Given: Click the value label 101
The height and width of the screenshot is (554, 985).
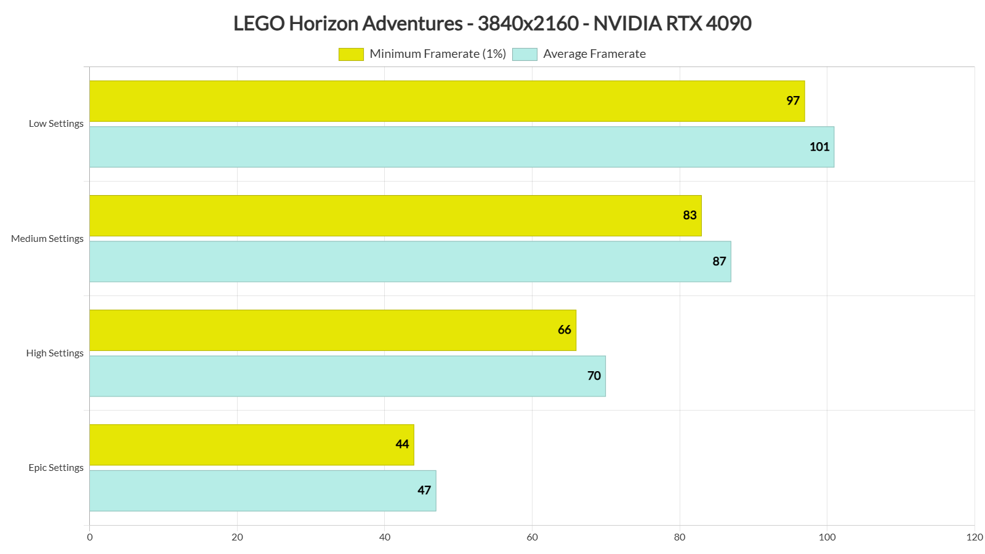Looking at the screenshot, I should coord(819,147).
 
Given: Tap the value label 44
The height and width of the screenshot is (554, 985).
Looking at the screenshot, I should coord(402,444).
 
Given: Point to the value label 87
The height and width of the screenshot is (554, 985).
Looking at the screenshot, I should coord(719,262).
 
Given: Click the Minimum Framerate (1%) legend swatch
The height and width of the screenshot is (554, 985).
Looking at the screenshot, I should coord(351,54).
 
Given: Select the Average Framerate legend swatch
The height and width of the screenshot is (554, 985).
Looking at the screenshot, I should coord(525,54).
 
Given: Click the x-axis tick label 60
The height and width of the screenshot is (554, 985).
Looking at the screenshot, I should coord(532,537).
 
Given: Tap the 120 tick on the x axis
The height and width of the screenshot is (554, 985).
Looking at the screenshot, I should coord(974,537).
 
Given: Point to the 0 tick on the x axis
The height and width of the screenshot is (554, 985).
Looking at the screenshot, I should coord(90,537).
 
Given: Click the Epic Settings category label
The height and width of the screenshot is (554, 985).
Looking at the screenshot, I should coord(56,468).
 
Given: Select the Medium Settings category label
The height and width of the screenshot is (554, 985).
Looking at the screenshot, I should coord(47,239).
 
